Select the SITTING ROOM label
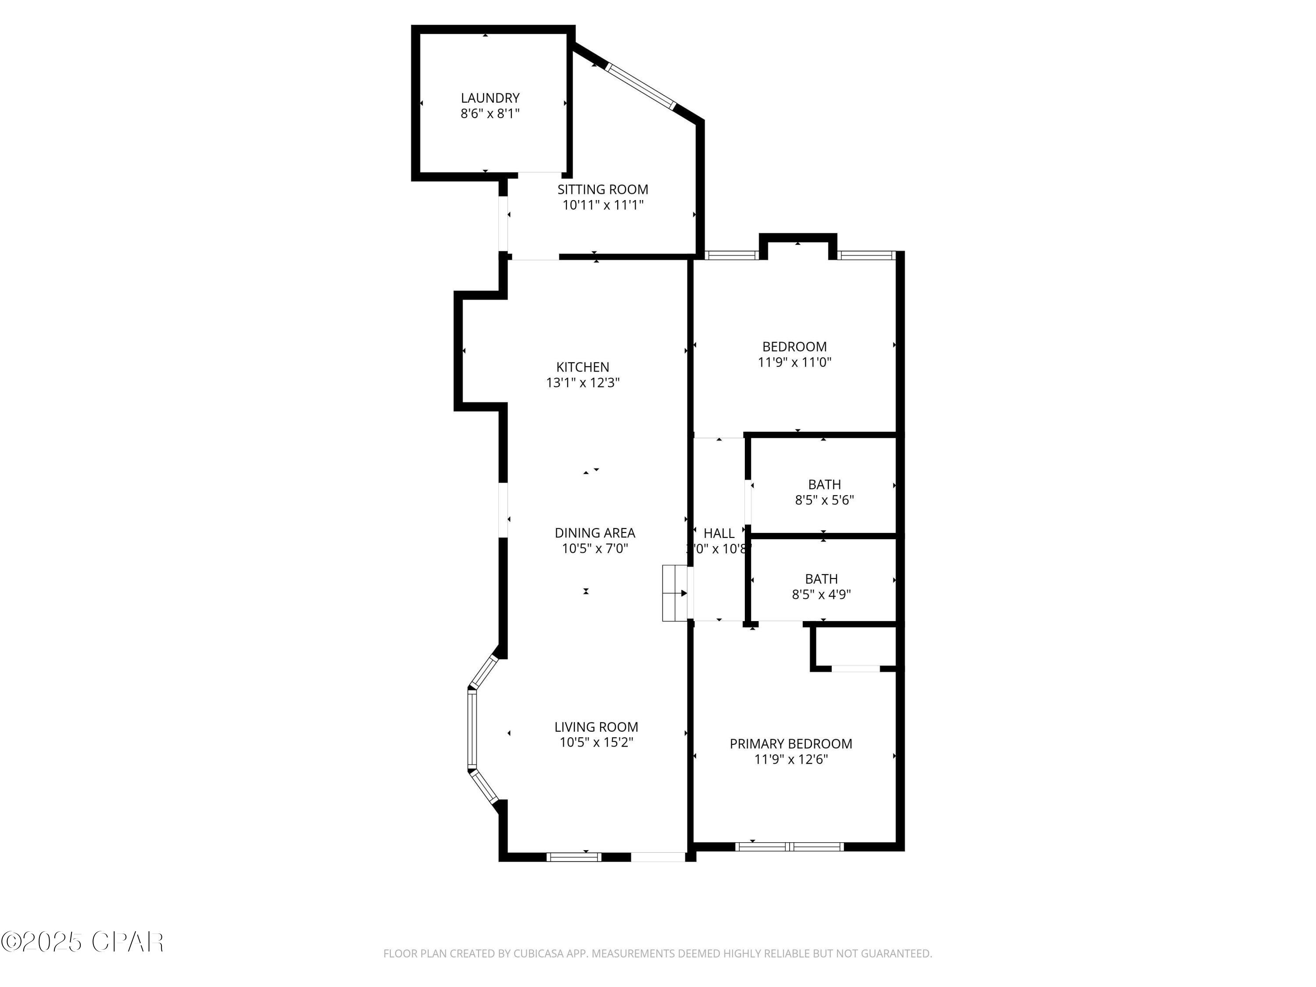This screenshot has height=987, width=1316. click(x=602, y=189)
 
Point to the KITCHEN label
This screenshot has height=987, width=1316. click(x=583, y=367)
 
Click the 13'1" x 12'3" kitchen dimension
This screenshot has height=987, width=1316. click(x=583, y=383)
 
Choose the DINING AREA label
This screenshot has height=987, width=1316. click(x=594, y=533)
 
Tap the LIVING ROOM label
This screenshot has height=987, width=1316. click(x=596, y=726)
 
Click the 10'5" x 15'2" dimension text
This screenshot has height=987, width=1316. click(x=596, y=742)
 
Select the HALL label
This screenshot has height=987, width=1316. click(x=719, y=533)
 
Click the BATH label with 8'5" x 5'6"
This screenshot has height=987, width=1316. click(x=824, y=484)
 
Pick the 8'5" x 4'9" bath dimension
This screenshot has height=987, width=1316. click(x=821, y=594)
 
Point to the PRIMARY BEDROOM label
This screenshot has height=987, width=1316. click(x=790, y=744)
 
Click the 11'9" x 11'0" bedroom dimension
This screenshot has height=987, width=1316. click(x=794, y=362)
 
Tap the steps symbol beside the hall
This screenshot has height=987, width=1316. click(x=675, y=593)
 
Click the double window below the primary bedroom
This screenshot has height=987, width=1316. click(x=790, y=846)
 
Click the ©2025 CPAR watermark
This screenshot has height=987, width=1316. click(x=82, y=942)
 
